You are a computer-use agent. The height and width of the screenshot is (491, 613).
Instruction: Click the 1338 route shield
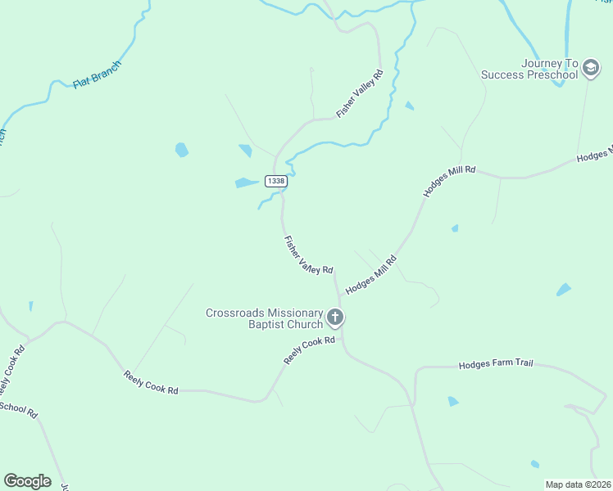[x=276, y=181]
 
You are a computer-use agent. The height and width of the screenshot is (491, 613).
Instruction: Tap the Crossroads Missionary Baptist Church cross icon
[x=334, y=317]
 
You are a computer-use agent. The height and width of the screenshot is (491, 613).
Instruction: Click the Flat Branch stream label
[x=97, y=74]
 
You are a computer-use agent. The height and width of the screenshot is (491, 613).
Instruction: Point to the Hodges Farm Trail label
[x=495, y=363]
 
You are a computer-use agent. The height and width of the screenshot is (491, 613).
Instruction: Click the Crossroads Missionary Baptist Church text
[x=264, y=318]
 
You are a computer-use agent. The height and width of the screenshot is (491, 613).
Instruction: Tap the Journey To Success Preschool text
[x=529, y=70]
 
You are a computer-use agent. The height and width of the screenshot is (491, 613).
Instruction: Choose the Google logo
[x=27, y=481]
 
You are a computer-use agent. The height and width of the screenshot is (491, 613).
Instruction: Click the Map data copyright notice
[x=579, y=484]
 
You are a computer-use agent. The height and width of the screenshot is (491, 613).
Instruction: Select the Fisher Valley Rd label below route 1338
[x=308, y=255]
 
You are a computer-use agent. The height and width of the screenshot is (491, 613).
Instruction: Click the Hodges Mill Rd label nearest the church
[x=370, y=275]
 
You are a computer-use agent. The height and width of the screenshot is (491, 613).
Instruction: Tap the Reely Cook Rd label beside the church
[x=310, y=351]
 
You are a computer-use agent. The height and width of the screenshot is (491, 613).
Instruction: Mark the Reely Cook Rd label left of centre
[x=151, y=383]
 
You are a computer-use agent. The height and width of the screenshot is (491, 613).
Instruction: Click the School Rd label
[x=19, y=409]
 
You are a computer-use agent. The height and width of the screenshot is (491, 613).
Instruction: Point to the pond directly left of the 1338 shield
[x=246, y=182]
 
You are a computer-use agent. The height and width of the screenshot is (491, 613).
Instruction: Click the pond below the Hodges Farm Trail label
[x=452, y=401]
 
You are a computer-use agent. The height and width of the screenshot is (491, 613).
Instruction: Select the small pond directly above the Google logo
[x=31, y=306]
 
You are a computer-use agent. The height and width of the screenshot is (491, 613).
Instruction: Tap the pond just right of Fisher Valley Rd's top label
[x=409, y=106]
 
